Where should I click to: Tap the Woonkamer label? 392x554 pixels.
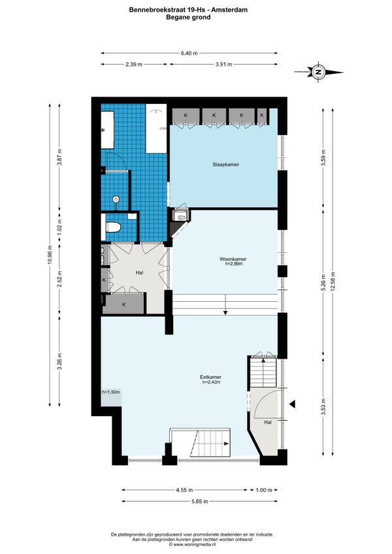233,259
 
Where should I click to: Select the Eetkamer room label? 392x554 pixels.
210,377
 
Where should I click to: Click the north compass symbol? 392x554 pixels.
318,72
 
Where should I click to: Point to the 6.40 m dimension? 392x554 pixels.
189,54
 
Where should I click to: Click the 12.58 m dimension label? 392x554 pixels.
333,281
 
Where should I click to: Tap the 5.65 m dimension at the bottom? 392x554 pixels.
200,501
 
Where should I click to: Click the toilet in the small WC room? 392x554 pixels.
113,227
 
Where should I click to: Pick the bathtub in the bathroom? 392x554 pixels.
156,128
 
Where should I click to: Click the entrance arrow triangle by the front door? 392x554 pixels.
292,404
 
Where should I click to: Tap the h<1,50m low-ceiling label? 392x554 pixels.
111,392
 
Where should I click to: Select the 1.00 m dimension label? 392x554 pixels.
264,490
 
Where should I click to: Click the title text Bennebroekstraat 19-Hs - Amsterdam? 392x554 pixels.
188,10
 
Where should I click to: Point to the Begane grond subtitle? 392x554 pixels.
188,17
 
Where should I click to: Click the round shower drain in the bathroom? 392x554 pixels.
116,199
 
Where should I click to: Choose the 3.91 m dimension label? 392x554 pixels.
223,64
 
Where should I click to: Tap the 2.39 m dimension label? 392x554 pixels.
134,64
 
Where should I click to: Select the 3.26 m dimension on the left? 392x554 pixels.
59,361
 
